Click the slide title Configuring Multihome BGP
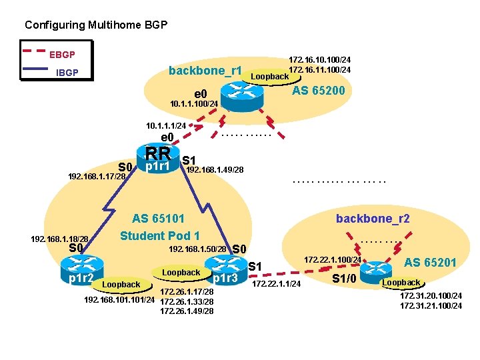[96, 25]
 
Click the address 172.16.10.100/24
[319, 59]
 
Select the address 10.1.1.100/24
[194, 104]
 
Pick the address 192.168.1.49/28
[215, 170]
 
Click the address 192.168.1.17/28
[97, 177]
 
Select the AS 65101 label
[158, 218]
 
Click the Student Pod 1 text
[159, 235]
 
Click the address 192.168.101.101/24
[120, 300]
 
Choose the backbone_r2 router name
[373, 219]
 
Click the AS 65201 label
[430, 263]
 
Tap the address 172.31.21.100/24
[431, 305]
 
